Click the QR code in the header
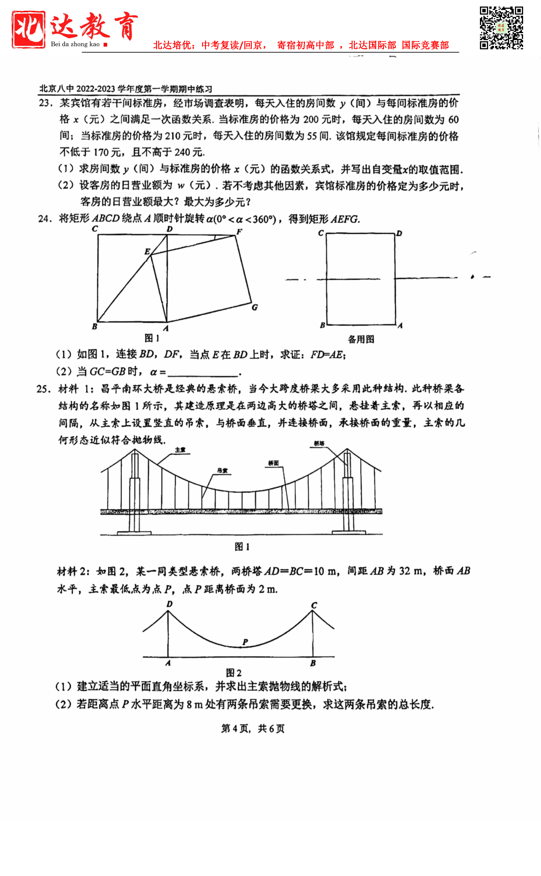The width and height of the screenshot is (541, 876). pyautogui.click(x=501, y=28)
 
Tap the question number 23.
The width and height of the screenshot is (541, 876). pyautogui.click(x=45, y=103)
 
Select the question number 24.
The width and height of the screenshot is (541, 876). pyautogui.click(x=45, y=219)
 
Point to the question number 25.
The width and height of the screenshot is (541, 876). pyautogui.click(x=44, y=389)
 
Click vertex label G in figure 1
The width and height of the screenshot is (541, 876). pyautogui.click(x=255, y=307)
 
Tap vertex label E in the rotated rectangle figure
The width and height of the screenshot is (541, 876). pyautogui.click(x=147, y=251)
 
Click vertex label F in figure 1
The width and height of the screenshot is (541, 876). pyautogui.click(x=239, y=232)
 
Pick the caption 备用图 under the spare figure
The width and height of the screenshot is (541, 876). pyautogui.click(x=361, y=339)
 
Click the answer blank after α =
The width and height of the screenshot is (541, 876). pyautogui.click(x=203, y=373)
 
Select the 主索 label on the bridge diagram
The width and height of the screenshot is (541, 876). pyautogui.click(x=180, y=450)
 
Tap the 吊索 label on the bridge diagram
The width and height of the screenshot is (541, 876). pyautogui.click(x=222, y=470)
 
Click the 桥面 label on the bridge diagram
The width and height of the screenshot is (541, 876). pyautogui.click(x=274, y=463)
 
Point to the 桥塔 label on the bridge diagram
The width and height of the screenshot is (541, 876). pyautogui.click(x=319, y=443)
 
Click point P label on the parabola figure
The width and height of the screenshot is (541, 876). pyautogui.click(x=245, y=642)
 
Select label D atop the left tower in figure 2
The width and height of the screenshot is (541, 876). pyautogui.click(x=170, y=604)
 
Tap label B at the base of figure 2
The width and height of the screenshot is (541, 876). pyautogui.click(x=313, y=663)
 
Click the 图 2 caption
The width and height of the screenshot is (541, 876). pyautogui.click(x=234, y=673)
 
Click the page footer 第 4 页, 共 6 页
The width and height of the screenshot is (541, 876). pyautogui.click(x=253, y=729)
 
